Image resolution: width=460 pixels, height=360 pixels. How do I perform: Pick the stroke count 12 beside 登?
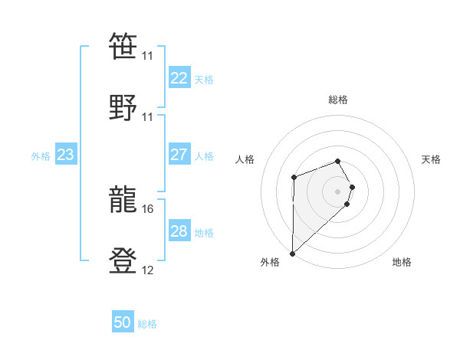(148, 270)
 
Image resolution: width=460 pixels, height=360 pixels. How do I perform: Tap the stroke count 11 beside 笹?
(148, 56)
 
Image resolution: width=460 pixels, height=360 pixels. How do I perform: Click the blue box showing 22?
(179, 78)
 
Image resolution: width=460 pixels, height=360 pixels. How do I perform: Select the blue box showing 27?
(179, 155)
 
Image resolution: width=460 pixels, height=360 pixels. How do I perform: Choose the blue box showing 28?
(179, 231)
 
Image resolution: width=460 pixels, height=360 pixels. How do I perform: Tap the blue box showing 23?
(65, 155)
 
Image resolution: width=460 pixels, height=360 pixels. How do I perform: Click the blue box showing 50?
(123, 323)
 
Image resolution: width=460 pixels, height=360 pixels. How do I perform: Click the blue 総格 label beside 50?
(147, 324)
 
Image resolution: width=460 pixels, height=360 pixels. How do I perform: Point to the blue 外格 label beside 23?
(41, 155)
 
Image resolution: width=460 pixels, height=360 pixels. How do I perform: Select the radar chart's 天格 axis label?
(432, 159)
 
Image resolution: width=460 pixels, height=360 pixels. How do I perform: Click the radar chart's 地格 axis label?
(402, 262)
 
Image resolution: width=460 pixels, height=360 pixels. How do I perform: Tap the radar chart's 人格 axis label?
(245, 159)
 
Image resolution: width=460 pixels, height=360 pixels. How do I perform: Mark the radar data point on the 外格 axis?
(292, 253)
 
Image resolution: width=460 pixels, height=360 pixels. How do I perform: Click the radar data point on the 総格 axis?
(337, 161)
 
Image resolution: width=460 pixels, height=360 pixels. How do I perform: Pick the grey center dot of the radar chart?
(337, 191)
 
